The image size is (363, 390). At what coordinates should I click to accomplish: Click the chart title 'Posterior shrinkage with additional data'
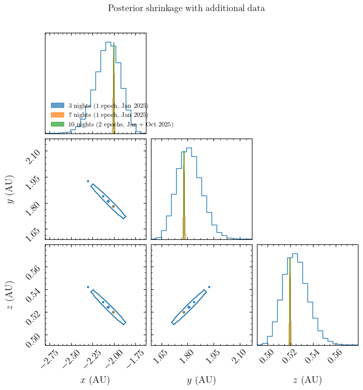186,9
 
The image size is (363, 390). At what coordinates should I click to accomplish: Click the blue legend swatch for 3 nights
58,105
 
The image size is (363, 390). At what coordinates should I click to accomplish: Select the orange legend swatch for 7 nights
58,115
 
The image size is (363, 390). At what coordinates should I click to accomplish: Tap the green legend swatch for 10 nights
58,124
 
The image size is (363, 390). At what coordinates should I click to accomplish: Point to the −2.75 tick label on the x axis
49,359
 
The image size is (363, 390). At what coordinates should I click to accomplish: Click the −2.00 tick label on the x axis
115,359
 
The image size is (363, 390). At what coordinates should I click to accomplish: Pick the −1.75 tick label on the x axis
136,359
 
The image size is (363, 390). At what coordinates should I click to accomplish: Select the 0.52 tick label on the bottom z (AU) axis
289,357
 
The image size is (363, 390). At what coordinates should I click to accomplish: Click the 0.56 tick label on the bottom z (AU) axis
335,357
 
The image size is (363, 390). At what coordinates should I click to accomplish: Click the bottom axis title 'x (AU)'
95,380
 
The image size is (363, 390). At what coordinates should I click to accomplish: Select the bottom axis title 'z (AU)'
307,380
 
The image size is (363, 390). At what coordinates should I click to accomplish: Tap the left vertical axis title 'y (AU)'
11,189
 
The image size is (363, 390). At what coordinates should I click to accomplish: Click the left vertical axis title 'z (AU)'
10,295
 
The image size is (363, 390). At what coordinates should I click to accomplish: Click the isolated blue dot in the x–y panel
88,181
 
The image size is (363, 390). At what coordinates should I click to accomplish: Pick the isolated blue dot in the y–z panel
209,287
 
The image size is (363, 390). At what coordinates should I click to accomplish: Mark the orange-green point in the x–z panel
113,312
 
